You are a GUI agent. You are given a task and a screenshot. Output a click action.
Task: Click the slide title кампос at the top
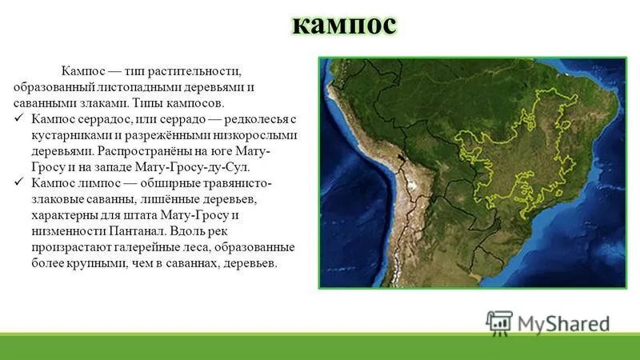pos(343,26)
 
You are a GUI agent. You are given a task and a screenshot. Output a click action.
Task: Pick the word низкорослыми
pos(258,135)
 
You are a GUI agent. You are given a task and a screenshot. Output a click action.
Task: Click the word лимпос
pos(103,183)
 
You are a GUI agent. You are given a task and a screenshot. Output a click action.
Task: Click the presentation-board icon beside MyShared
pos(498,322)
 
